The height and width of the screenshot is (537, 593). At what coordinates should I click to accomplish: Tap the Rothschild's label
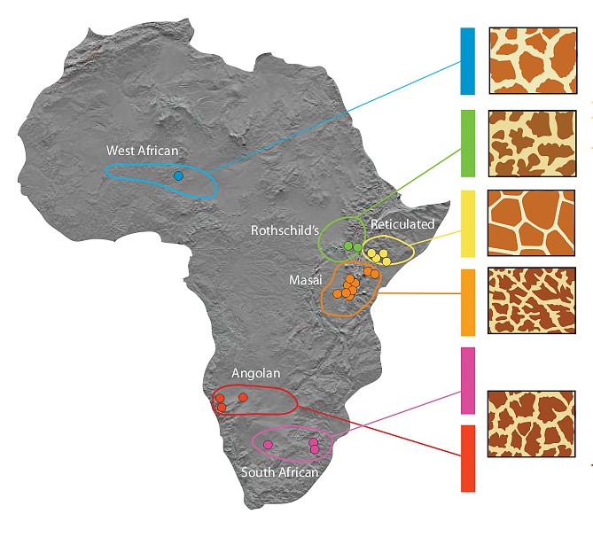[285, 230]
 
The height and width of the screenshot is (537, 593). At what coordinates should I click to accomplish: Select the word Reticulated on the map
[402, 225]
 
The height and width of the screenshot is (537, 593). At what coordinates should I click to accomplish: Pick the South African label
[279, 472]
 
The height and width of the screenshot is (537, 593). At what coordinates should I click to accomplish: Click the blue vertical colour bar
[468, 61]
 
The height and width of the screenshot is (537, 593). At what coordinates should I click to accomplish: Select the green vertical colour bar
[468, 143]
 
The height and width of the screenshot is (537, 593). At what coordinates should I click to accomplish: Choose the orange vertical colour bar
[468, 302]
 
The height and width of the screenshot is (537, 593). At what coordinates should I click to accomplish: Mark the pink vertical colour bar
[468, 380]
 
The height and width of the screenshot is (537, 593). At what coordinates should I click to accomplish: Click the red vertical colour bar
[468, 458]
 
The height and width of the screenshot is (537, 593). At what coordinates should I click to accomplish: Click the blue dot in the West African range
[178, 175]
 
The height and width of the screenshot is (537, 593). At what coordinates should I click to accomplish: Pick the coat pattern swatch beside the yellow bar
[532, 222]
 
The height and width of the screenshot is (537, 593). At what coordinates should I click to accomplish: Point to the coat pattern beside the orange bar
[532, 301]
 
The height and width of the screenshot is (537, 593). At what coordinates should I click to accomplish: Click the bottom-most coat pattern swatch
[532, 423]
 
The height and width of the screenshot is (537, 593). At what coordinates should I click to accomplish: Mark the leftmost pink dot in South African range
[268, 443]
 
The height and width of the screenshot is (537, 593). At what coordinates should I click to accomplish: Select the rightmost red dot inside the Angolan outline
[243, 398]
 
